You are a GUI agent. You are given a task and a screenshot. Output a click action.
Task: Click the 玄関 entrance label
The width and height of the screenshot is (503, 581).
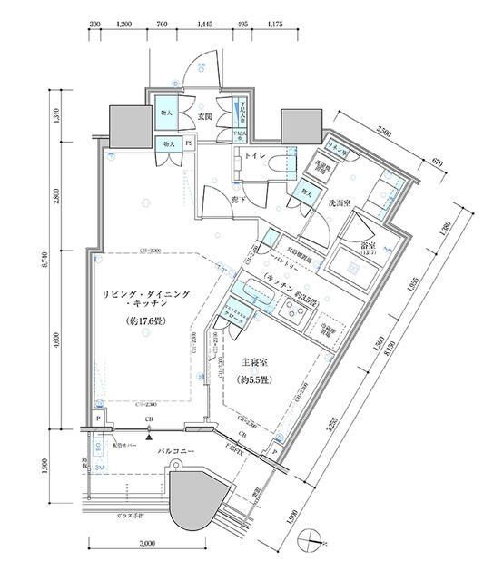click(x=203, y=118)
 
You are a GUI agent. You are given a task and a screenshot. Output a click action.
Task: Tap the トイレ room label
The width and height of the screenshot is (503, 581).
click(x=254, y=155)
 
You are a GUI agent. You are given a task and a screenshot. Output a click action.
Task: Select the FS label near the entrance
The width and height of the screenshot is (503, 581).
click(x=189, y=143)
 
